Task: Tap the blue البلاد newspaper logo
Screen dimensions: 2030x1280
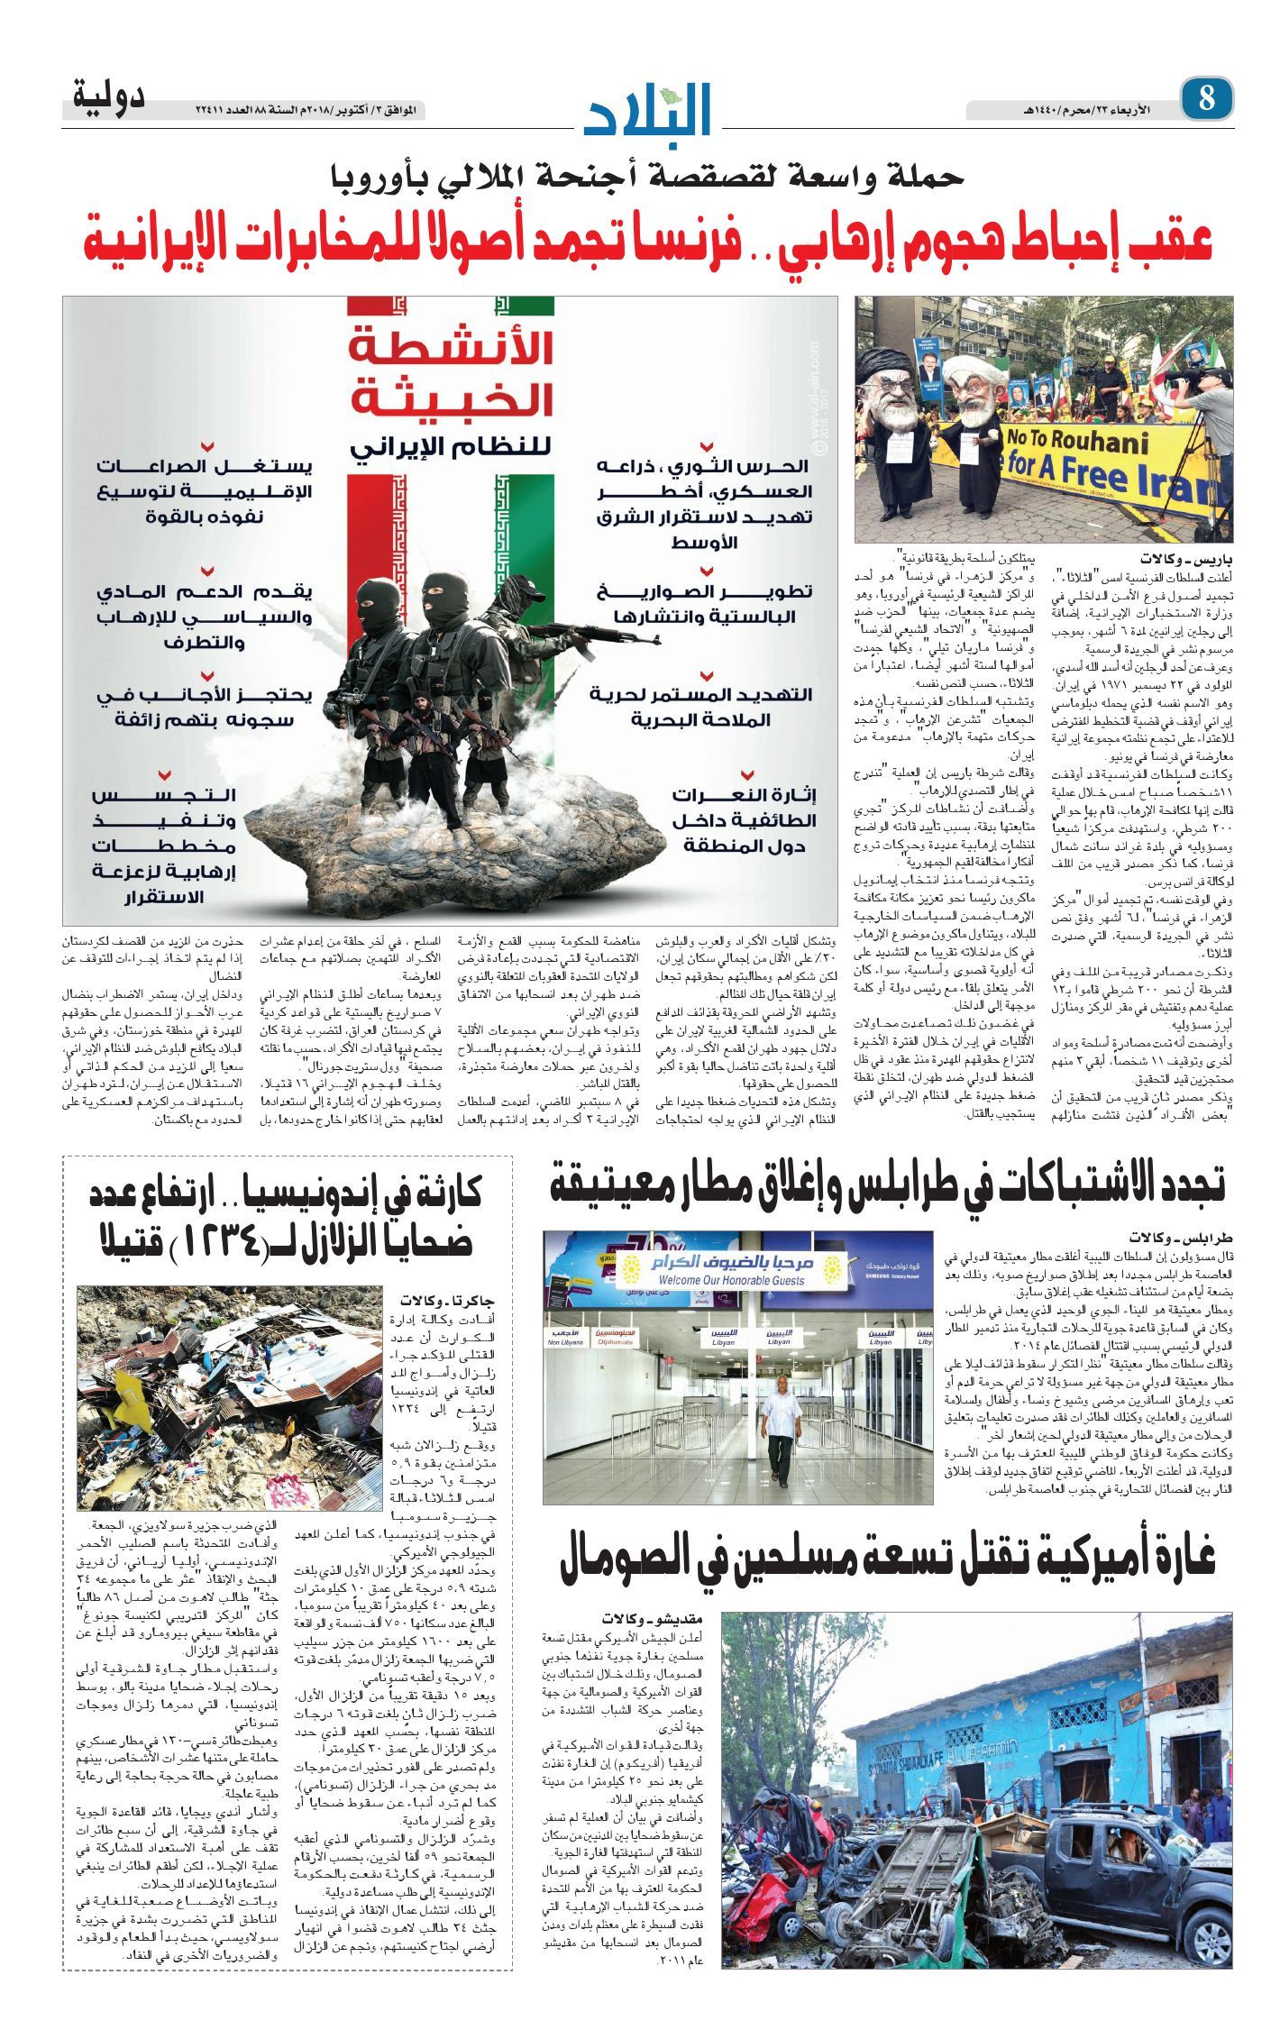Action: (647, 108)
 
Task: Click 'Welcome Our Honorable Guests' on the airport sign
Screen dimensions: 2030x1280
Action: (732, 1280)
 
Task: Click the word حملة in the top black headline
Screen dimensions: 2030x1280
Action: (924, 175)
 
